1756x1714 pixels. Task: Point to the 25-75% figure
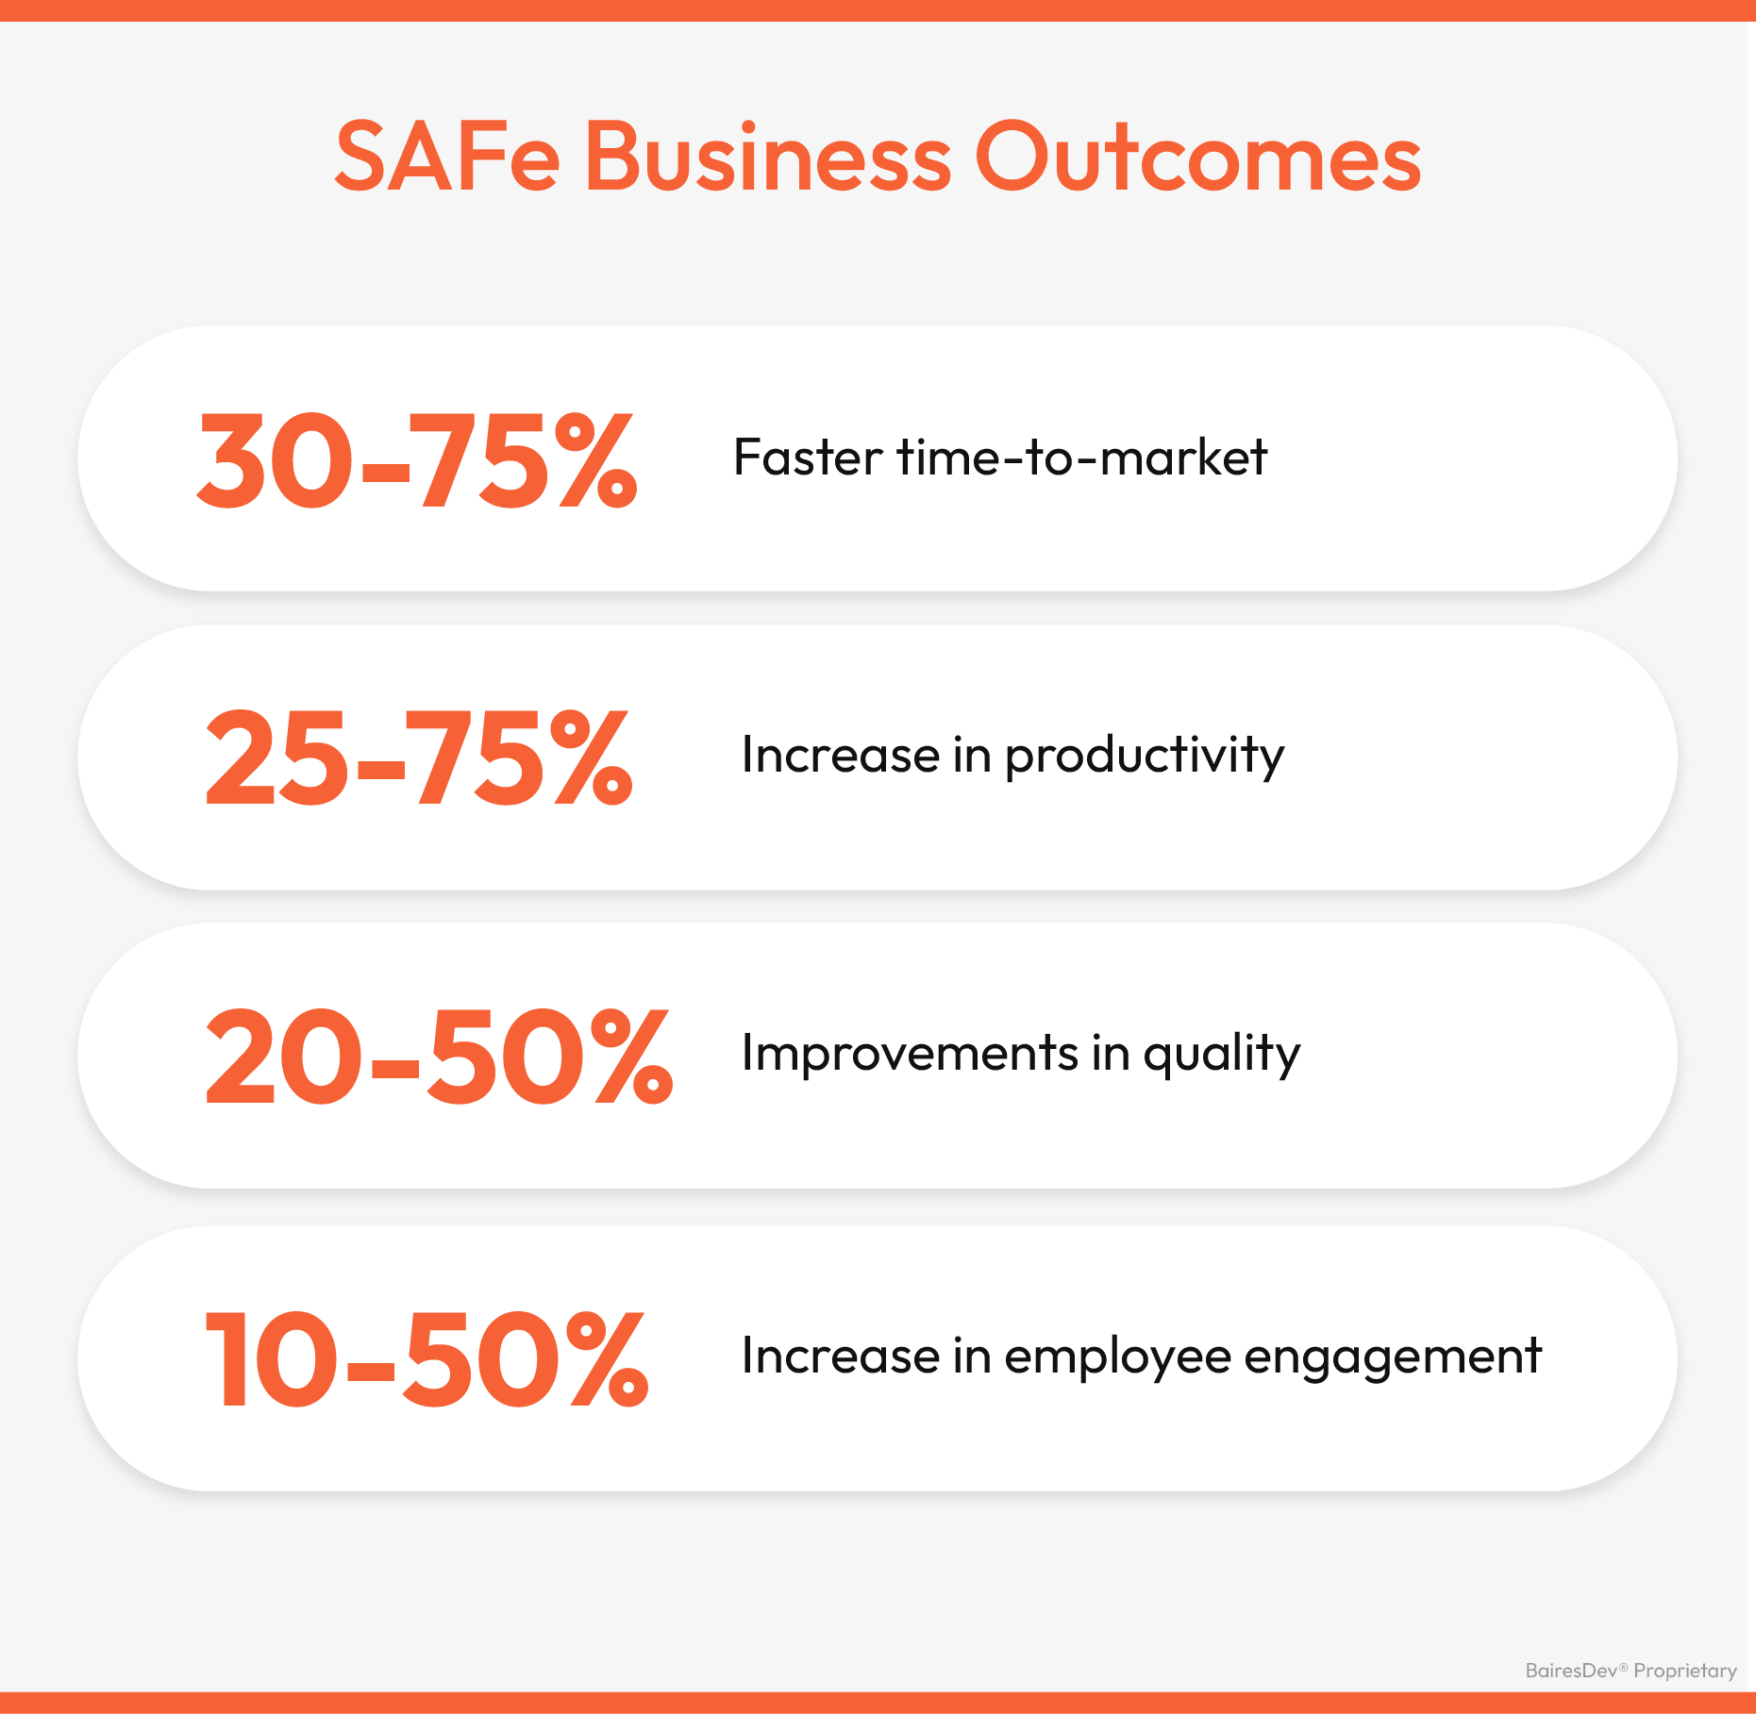coord(419,758)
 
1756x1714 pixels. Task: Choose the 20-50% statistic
coord(439,1056)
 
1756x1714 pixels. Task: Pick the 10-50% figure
coord(426,1358)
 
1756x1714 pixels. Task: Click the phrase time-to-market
coord(1081,458)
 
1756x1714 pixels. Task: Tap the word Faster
coord(808,458)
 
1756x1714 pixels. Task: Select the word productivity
coord(1145,756)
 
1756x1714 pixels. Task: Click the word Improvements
coord(910,1053)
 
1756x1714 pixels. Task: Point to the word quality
coord(1222,1054)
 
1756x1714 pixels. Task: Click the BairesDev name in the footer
coord(1572,1671)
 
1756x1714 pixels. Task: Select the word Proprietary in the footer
coord(1685,1672)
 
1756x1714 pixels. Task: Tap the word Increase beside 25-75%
coord(841,755)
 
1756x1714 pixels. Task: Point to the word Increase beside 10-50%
coord(841,1356)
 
